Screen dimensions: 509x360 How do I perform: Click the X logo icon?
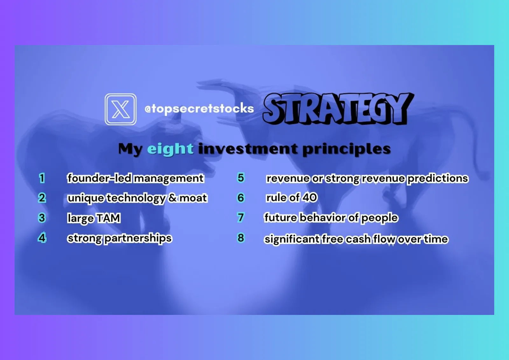pyautogui.click(x=121, y=109)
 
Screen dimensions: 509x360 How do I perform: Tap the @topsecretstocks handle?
pyautogui.click(x=199, y=109)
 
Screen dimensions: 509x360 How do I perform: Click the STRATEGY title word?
pyautogui.click(x=338, y=109)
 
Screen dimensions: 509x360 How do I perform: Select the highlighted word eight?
pyautogui.click(x=171, y=149)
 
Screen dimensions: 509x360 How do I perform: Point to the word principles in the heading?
pyautogui.click(x=346, y=149)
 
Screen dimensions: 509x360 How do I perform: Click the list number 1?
pyautogui.click(x=42, y=178)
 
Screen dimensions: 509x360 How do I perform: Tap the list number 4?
pyautogui.click(x=42, y=238)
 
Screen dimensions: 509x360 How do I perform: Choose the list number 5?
pyautogui.click(x=241, y=178)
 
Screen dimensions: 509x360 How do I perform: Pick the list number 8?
pyautogui.click(x=241, y=238)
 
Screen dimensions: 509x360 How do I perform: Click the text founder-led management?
pyautogui.click(x=136, y=178)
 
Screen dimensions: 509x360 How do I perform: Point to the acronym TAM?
pyautogui.click(x=108, y=218)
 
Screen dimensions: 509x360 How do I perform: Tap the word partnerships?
pyautogui.click(x=138, y=239)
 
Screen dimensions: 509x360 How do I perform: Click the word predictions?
pyautogui.click(x=438, y=179)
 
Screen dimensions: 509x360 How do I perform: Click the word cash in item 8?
pyautogui.click(x=358, y=239)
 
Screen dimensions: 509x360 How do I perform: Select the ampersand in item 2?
pyautogui.click(x=173, y=198)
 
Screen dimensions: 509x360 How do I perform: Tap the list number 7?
pyautogui.click(x=241, y=217)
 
